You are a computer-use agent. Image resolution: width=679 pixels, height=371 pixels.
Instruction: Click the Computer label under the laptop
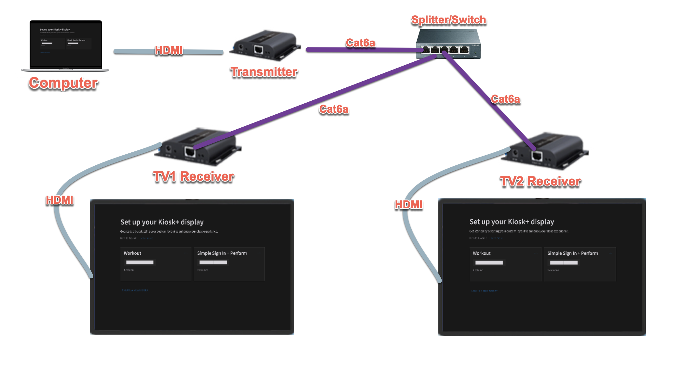point(63,83)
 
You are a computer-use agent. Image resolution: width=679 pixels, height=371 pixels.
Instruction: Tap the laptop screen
point(66,44)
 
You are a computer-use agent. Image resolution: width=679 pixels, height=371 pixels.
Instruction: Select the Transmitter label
point(264,72)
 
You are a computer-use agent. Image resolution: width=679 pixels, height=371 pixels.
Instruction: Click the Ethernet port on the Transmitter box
point(259,50)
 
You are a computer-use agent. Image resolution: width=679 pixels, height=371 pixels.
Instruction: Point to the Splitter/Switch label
point(448,20)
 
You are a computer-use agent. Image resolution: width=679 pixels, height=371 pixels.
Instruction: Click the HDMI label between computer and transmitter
point(169,50)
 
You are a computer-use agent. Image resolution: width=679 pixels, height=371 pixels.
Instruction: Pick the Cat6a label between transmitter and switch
point(360,43)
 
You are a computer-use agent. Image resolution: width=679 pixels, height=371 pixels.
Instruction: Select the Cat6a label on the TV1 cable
point(334,109)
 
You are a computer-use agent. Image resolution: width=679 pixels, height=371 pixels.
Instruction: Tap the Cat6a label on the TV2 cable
point(505,99)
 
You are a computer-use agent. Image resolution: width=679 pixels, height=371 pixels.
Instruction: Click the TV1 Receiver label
point(193,177)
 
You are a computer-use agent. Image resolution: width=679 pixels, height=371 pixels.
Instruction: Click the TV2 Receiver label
point(540,182)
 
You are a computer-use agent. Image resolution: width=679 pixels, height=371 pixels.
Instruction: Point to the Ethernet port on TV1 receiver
point(189,151)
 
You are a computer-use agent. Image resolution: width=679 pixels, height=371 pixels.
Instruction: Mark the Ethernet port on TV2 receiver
point(537,156)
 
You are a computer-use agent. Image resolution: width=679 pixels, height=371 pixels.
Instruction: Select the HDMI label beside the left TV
point(60,200)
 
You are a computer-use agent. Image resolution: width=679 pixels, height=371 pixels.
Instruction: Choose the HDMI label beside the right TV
point(408,205)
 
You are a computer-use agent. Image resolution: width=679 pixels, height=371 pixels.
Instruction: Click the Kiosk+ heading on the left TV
point(162,222)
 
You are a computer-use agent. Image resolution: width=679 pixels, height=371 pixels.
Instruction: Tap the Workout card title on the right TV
point(482,253)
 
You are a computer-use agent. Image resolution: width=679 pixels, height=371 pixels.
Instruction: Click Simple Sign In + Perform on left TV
point(222,253)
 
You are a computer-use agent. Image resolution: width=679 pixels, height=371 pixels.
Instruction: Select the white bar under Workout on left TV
point(140,262)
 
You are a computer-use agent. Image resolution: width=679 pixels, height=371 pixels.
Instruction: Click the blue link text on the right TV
point(484,291)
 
